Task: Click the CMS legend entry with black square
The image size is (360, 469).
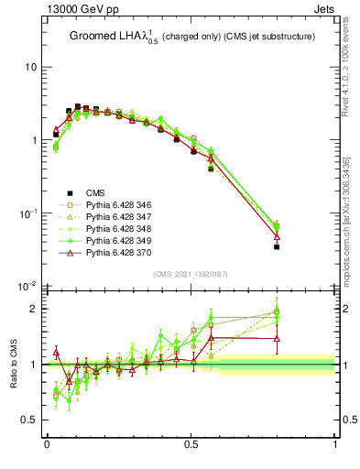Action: (95, 192)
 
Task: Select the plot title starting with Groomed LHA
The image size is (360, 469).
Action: (191, 36)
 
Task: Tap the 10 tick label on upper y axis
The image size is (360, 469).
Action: (31, 68)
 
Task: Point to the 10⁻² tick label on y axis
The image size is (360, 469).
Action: (27, 286)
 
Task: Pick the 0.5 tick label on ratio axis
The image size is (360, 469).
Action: (31, 420)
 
